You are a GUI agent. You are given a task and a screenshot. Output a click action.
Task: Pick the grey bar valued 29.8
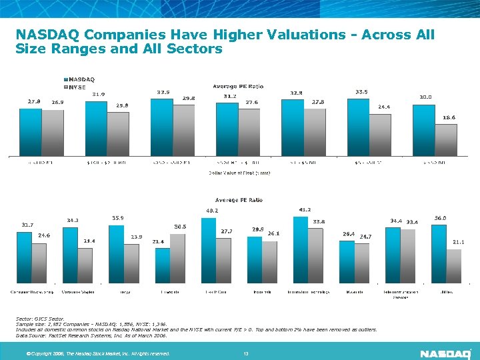click(x=184, y=129)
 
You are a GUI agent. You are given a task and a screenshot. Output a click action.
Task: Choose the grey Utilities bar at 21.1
click(x=453, y=267)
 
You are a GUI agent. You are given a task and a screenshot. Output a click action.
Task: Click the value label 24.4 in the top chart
click(x=384, y=106)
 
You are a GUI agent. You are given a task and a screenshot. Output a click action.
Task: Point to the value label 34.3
click(x=73, y=220)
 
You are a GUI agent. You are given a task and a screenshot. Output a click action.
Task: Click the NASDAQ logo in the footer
click(x=445, y=353)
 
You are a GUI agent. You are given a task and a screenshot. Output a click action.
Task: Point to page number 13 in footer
click(x=246, y=353)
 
